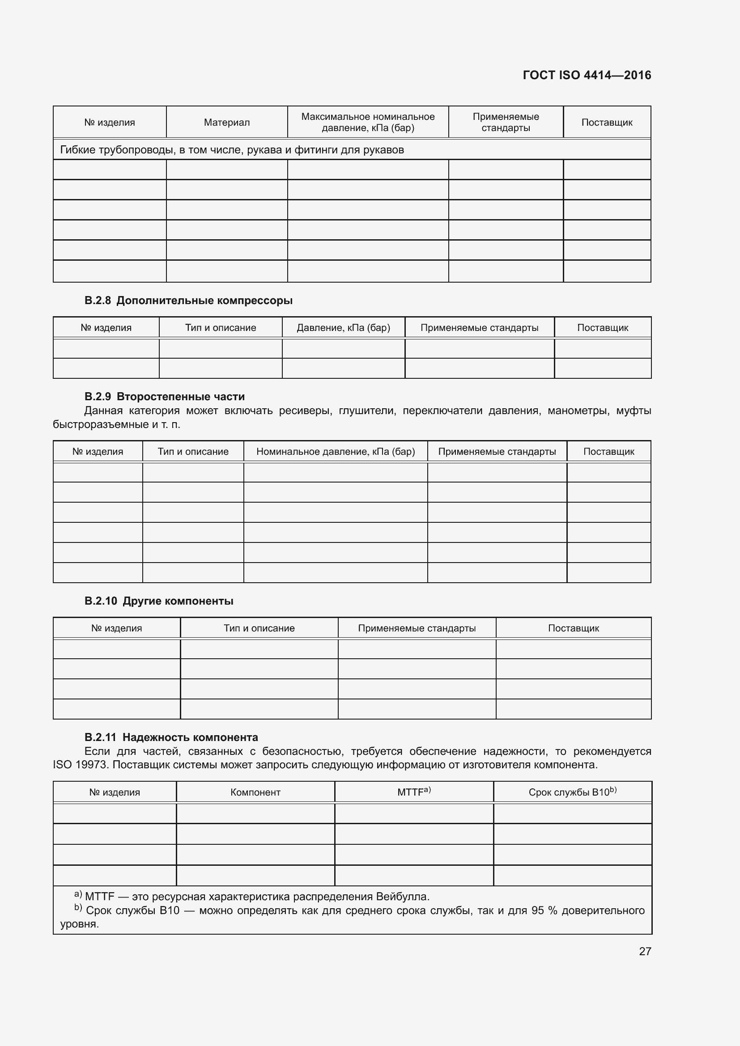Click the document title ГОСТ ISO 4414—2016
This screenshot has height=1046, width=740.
(x=587, y=75)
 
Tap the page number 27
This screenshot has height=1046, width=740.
(x=645, y=951)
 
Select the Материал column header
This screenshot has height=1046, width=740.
(x=226, y=123)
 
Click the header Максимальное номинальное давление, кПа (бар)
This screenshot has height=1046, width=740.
(x=368, y=122)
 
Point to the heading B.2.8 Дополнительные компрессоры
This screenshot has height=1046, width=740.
(x=188, y=301)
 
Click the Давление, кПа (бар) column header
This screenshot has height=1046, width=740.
(x=343, y=327)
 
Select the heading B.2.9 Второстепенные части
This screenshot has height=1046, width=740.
(x=165, y=396)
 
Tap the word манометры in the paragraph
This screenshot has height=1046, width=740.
(x=578, y=411)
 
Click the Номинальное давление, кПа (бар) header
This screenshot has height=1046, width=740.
(x=336, y=452)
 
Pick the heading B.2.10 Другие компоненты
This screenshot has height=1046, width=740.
(x=158, y=601)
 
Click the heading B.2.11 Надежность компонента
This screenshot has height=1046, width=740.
(x=171, y=737)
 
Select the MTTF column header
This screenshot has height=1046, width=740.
(x=413, y=792)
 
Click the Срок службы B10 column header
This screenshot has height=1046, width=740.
(x=572, y=792)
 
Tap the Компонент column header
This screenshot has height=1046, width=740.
(x=255, y=792)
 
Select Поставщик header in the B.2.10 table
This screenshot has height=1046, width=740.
(x=573, y=628)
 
